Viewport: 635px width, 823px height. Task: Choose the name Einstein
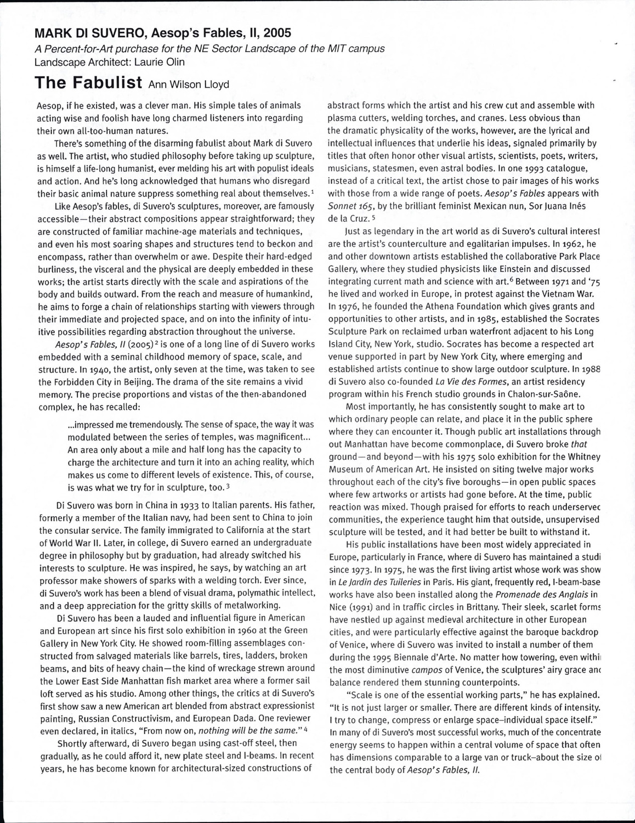[x=489, y=269]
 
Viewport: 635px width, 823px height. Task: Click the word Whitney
[x=583, y=457]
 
